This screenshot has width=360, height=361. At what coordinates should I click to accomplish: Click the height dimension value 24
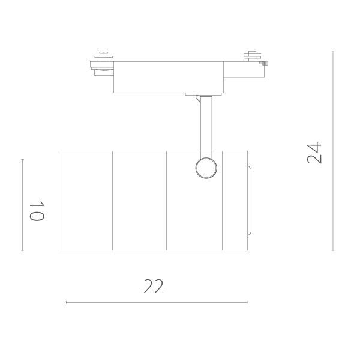[x=315, y=153]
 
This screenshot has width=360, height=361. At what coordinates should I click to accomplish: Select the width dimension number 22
[x=154, y=287]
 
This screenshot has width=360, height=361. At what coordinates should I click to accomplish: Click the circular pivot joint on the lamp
[x=206, y=168]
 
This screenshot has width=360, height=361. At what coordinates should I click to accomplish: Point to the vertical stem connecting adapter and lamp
[x=206, y=126]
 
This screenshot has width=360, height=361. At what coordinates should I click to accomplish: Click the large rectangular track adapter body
[x=168, y=77]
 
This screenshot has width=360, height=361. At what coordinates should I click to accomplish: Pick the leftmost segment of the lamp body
[x=85, y=200]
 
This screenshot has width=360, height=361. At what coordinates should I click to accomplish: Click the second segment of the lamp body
[x=139, y=200]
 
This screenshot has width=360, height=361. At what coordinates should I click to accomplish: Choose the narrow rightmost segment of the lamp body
[x=235, y=200]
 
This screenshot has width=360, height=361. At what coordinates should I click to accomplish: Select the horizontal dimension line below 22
[x=156, y=302]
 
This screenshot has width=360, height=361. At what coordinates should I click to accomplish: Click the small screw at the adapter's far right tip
[x=265, y=62]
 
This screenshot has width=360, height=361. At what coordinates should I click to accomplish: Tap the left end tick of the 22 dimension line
[x=66, y=302]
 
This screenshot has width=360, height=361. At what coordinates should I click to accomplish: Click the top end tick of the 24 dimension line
[x=333, y=52]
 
